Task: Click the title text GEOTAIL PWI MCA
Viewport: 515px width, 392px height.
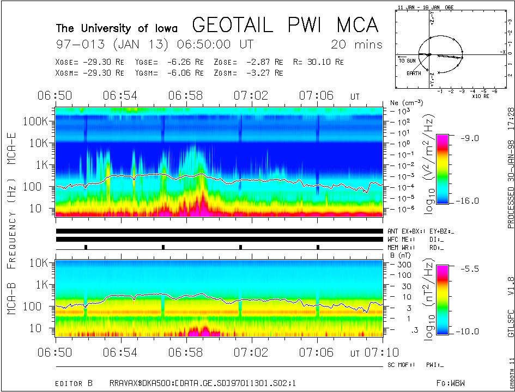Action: (x=285, y=25)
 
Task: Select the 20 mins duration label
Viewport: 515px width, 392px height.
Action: (x=356, y=45)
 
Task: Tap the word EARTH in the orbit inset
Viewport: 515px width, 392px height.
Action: (x=413, y=73)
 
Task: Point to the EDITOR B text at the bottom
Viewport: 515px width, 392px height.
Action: (x=74, y=384)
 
